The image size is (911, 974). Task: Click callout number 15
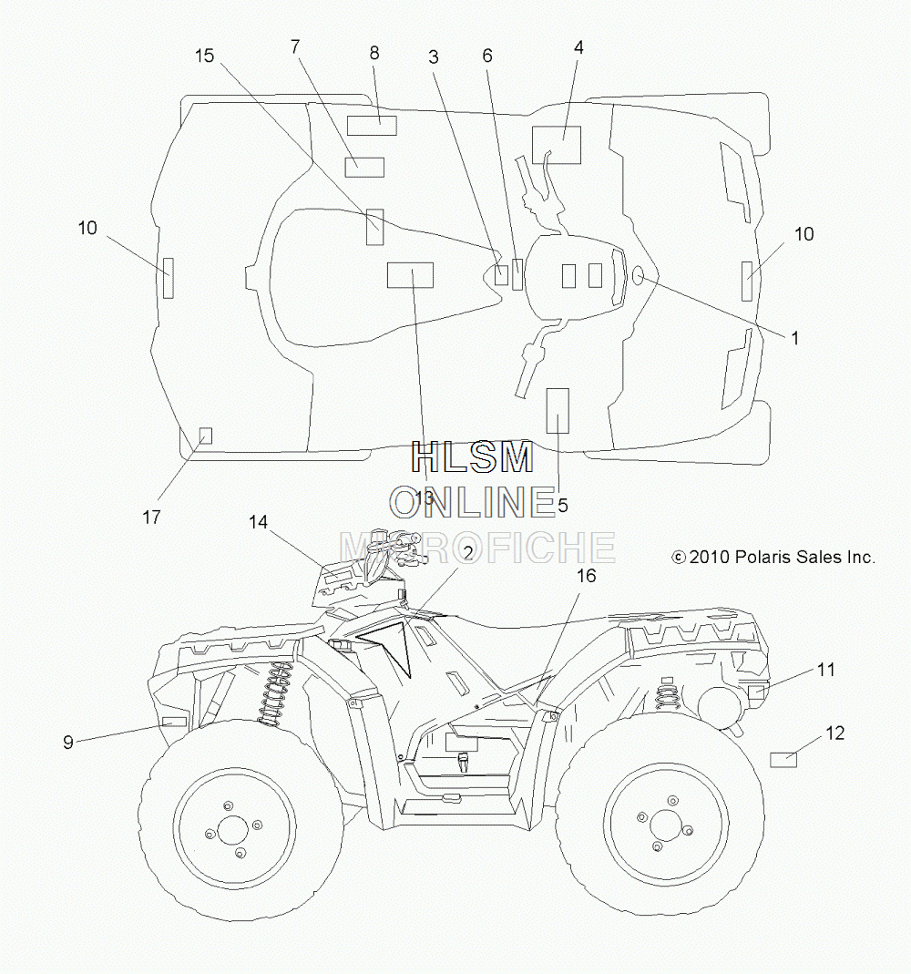(204, 56)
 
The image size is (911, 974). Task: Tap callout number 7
(295, 46)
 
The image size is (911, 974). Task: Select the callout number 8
(374, 54)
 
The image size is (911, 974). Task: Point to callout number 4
(578, 47)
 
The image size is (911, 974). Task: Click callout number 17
(151, 517)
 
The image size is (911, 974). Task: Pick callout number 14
(259, 522)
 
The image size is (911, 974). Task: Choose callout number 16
(586, 577)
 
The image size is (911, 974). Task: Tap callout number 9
(68, 742)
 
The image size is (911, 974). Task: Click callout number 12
(835, 733)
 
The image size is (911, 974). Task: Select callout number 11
(826, 670)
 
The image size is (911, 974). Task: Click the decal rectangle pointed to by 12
(783, 760)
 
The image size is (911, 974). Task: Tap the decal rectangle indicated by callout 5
(557, 411)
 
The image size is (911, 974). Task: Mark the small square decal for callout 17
(205, 436)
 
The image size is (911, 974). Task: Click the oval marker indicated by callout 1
(637, 275)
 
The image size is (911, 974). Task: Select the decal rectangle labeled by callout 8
(372, 126)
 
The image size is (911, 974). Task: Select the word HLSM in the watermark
(473, 457)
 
